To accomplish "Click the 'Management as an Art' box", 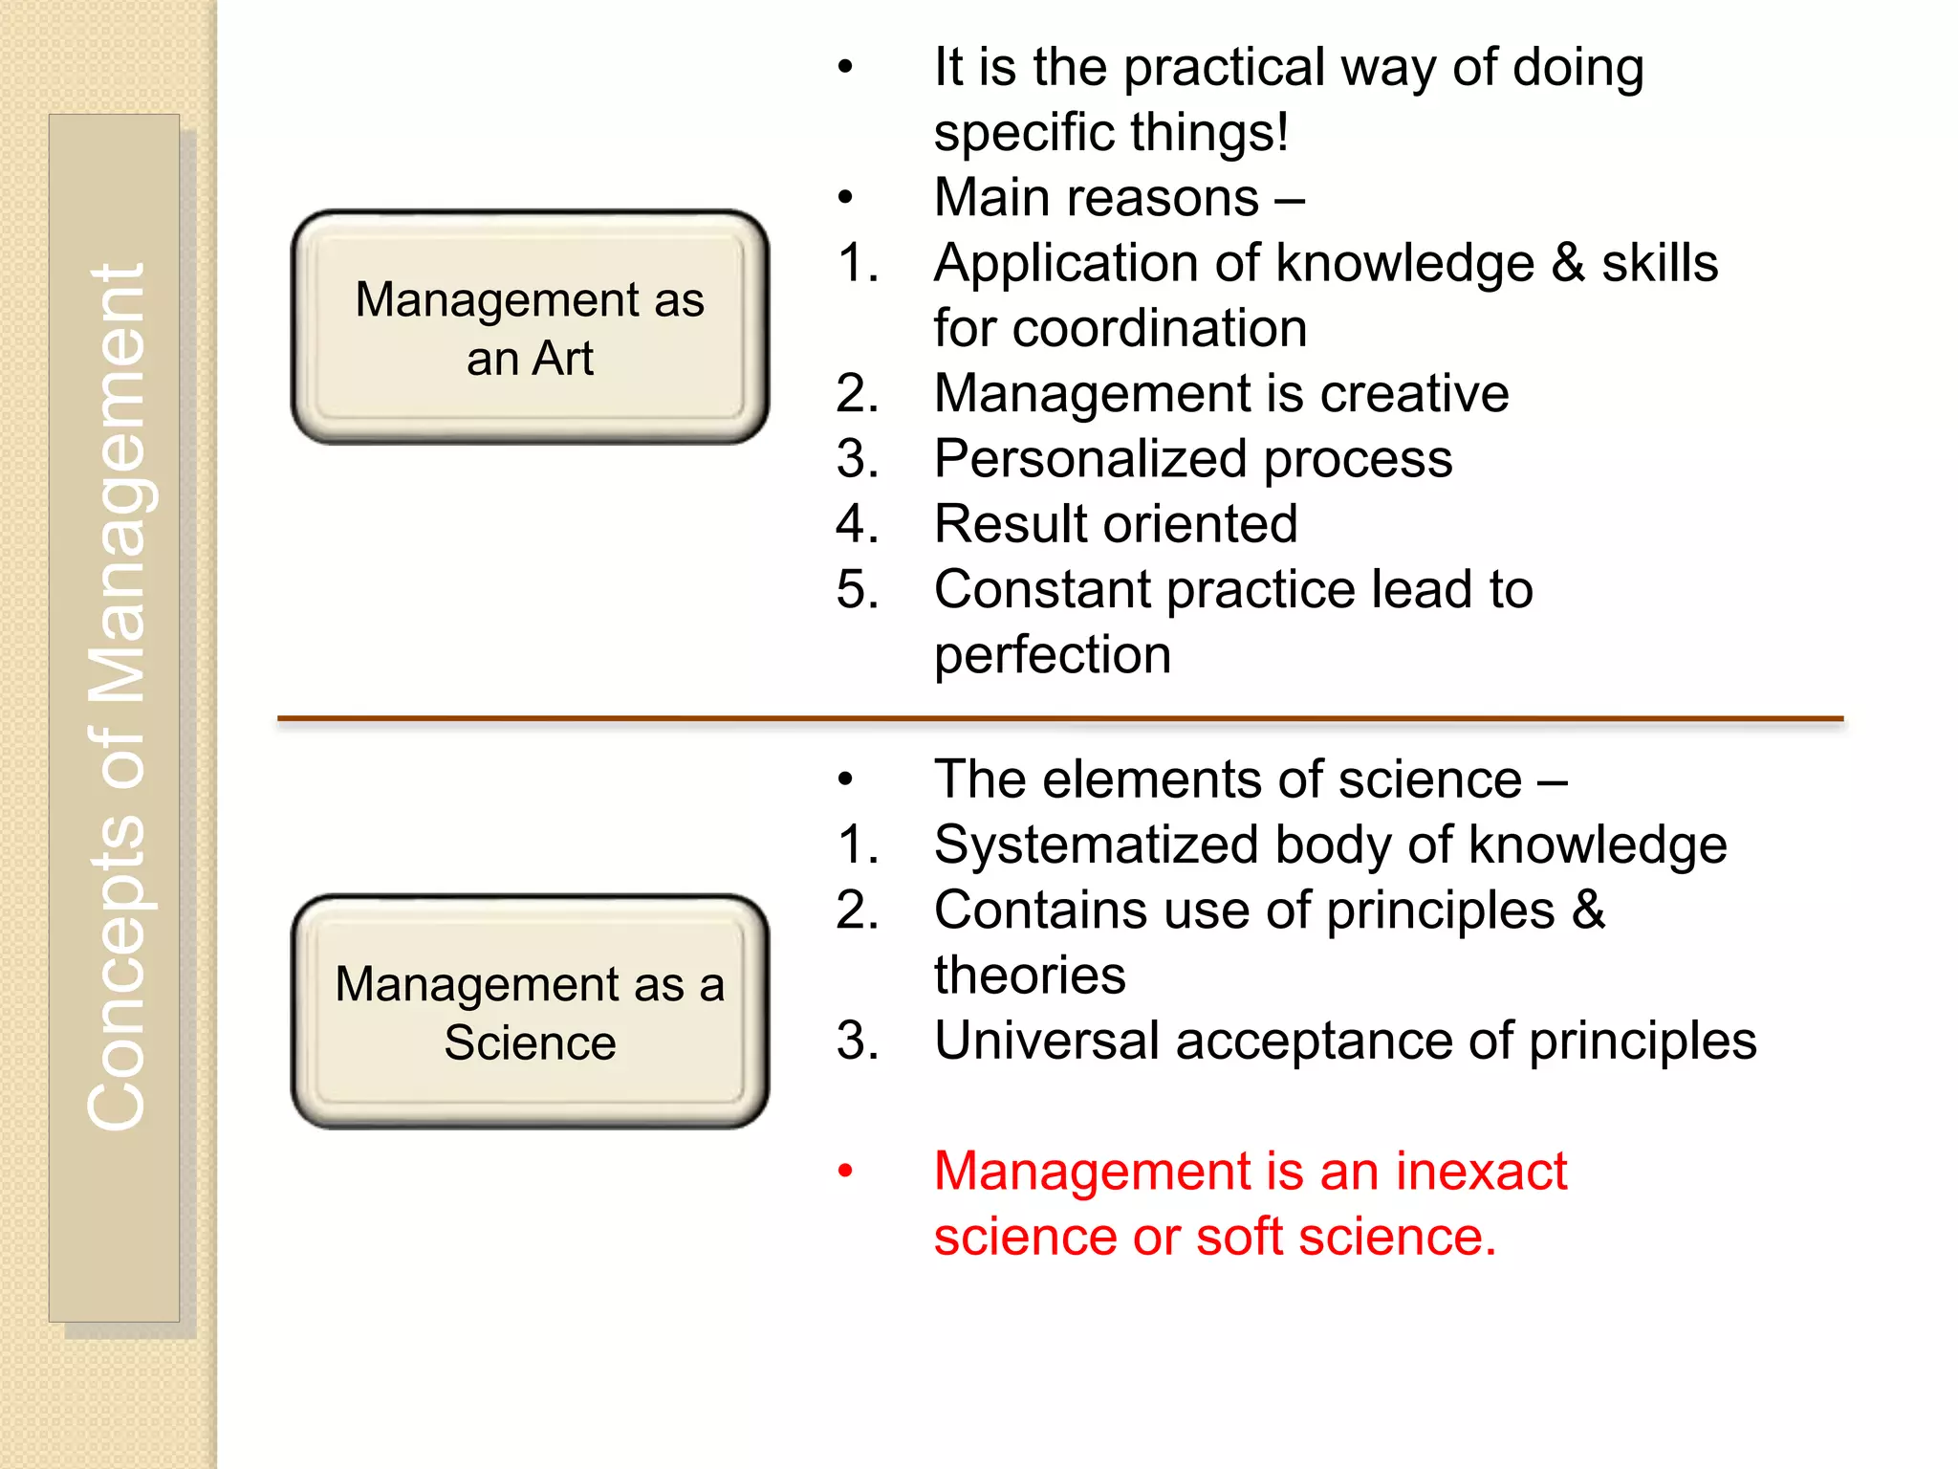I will (530, 327).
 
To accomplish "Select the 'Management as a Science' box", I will (530, 1012).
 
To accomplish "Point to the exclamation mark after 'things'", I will (1281, 132).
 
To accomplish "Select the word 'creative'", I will (1414, 394).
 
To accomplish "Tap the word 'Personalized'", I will (1090, 460).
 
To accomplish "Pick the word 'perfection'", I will (1052, 656).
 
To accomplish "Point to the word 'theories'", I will (1030, 976).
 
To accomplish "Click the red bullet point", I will (844, 1172).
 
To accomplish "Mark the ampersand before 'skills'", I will (1567, 264).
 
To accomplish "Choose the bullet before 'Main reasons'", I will (844, 199).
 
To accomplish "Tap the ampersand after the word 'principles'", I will (1588, 910).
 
